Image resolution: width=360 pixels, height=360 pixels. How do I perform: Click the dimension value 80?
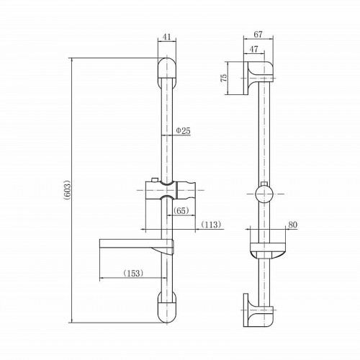coord(292,224)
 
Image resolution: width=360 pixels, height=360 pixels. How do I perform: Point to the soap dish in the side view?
coord(266,253)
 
